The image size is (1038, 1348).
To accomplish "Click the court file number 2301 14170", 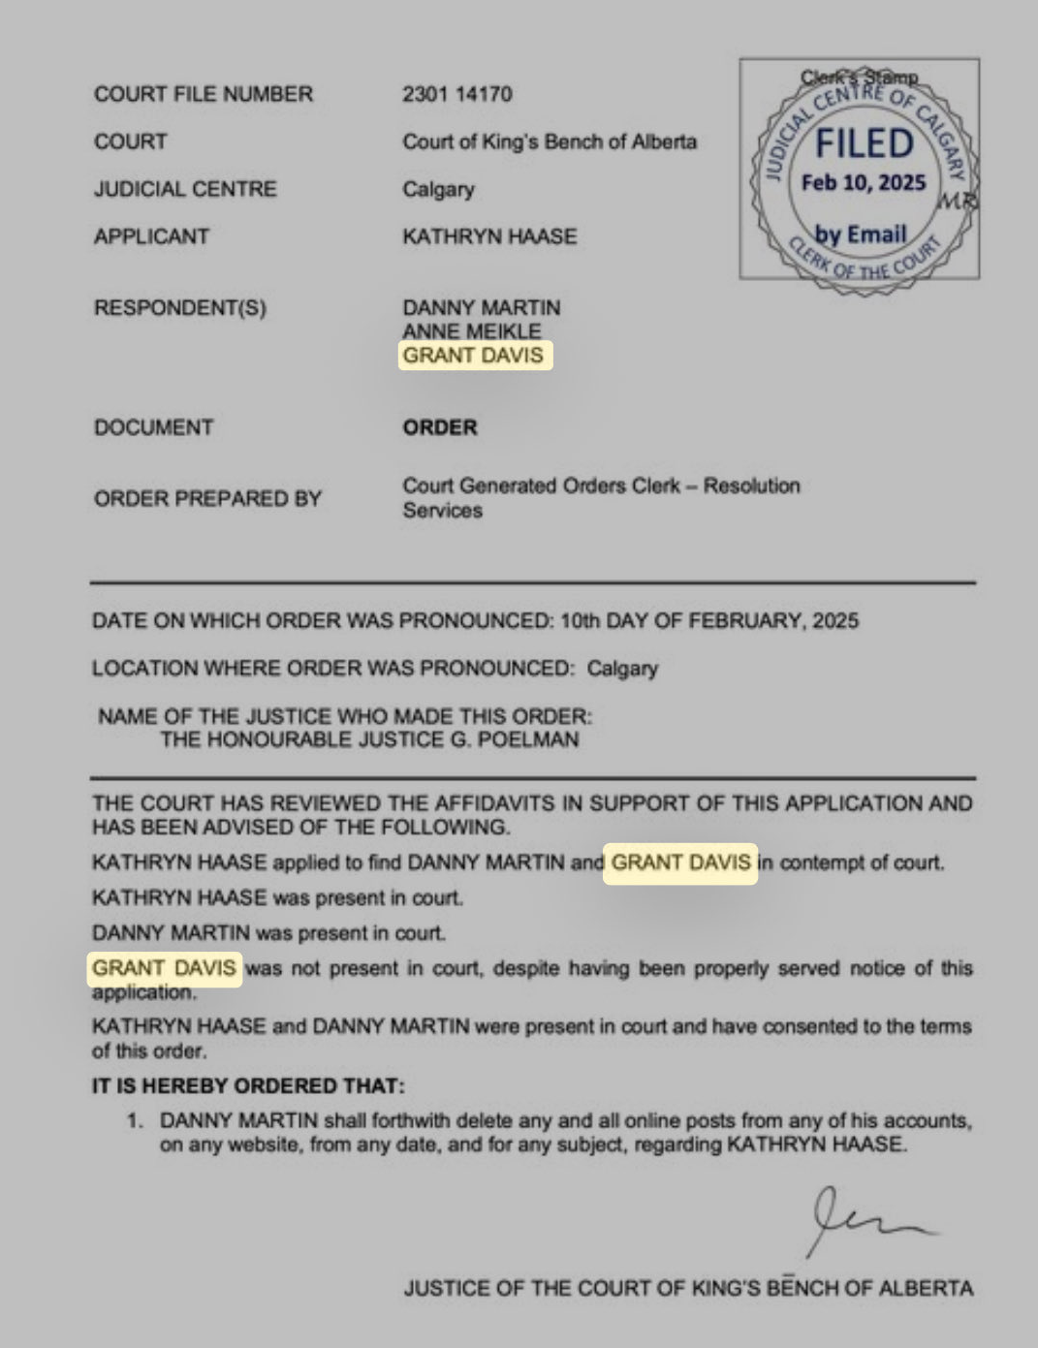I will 456,94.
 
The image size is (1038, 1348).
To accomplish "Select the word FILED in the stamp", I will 864,143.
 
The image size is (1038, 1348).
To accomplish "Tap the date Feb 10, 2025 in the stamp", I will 864,182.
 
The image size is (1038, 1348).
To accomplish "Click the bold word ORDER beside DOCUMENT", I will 440,427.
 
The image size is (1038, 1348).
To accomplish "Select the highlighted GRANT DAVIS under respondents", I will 474,356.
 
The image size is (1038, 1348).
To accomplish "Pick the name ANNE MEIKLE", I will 472,331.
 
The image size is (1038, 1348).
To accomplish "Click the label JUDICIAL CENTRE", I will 185,189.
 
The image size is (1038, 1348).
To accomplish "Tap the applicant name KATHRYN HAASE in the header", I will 489,236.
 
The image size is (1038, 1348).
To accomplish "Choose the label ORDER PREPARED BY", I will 207,498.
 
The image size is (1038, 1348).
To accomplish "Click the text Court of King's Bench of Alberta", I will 550,141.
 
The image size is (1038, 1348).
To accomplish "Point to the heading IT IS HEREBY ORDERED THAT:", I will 248,1085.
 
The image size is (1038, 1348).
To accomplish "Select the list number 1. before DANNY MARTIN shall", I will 136,1121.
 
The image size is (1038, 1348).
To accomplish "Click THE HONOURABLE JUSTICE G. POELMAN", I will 369,739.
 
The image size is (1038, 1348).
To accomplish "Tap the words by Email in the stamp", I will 861,234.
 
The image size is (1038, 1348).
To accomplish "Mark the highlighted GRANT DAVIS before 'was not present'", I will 164,968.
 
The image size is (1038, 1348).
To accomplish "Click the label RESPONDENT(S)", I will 180,308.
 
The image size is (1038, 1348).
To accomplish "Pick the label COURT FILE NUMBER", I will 204,94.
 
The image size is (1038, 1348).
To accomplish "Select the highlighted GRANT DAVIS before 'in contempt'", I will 680,862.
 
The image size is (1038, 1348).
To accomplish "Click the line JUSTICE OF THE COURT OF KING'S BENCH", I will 688,1288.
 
